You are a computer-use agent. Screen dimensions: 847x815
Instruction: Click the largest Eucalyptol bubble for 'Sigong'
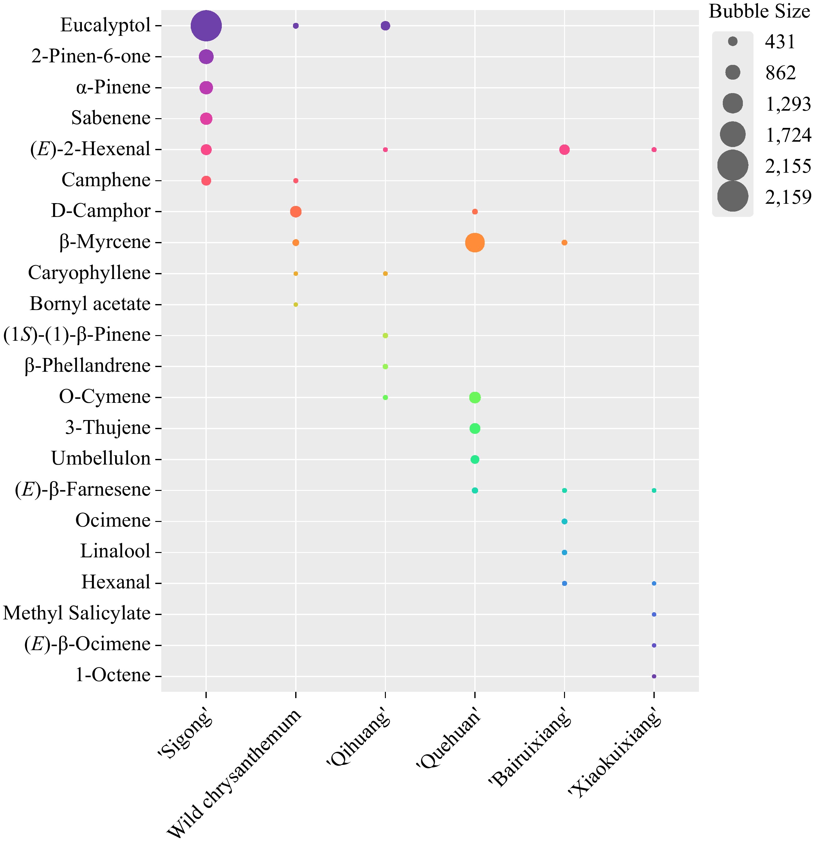click(x=206, y=26)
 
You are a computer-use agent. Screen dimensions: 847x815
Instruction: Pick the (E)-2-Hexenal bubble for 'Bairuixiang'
click(x=564, y=150)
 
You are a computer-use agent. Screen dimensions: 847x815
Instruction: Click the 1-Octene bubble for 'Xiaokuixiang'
click(x=654, y=676)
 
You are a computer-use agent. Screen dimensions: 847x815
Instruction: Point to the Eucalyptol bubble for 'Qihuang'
click(x=385, y=26)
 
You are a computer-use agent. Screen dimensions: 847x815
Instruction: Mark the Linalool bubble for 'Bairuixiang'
click(x=564, y=552)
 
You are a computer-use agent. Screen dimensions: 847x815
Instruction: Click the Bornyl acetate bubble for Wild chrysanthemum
click(x=296, y=305)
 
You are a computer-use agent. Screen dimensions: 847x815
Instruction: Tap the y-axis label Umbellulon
click(x=101, y=459)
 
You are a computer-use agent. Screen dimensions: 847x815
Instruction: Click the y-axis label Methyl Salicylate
click(x=77, y=614)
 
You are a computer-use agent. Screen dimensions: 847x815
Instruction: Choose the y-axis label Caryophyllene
click(x=89, y=273)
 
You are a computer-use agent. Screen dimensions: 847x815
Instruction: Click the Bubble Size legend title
click(x=759, y=12)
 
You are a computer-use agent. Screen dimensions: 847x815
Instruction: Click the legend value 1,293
click(x=788, y=104)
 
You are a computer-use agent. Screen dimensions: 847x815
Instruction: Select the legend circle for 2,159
click(x=732, y=197)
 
